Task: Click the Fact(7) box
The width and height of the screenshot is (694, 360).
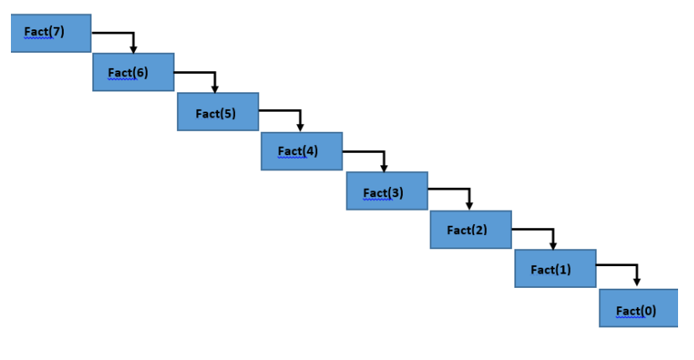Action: click(51, 34)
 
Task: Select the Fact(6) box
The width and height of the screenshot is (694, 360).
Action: click(133, 72)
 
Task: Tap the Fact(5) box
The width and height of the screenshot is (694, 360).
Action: click(217, 112)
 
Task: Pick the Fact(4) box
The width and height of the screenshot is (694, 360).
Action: click(301, 151)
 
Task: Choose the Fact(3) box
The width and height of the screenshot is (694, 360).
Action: click(387, 190)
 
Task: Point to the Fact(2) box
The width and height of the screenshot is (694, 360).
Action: click(471, 229)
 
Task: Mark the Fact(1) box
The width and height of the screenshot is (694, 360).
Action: click(555, 269)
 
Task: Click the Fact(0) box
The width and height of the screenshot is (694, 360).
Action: click(639, 308)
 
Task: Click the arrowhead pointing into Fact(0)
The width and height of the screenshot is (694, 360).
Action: click(637, 282)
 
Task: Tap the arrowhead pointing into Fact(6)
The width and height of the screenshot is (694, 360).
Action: click(133, 50)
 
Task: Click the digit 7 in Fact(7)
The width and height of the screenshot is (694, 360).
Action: click(56, 31)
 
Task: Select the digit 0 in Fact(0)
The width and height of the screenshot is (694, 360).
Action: click(649, 310)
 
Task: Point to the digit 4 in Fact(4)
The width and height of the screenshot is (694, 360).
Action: click(310, 151)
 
